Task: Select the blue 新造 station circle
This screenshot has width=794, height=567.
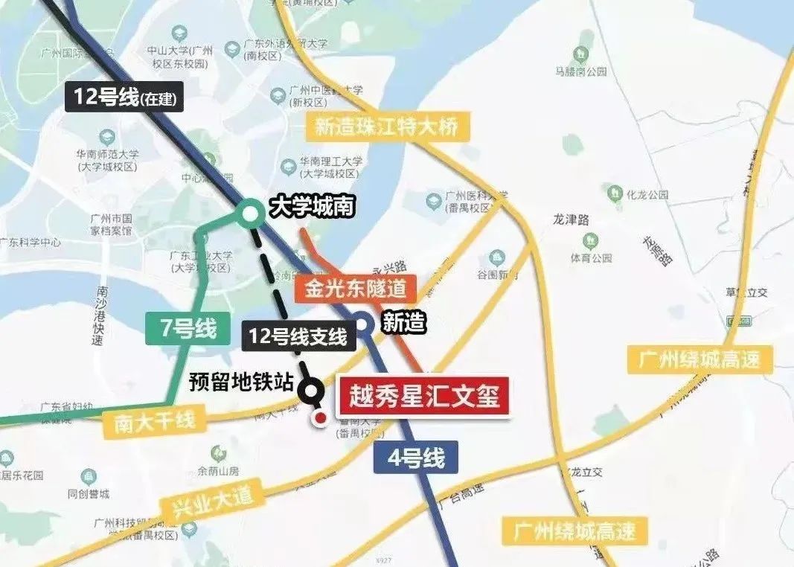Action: click(363, 324)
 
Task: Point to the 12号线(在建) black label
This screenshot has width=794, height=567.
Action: click(124, 97)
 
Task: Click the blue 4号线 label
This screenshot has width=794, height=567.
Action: click(415, 458)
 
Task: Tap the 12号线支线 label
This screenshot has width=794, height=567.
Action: click(298, 336)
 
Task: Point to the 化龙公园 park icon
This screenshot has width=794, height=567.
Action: click(615, 192)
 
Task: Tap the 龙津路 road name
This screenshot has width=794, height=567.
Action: click(571, 220)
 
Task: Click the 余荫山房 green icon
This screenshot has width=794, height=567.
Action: click(219, 452)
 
